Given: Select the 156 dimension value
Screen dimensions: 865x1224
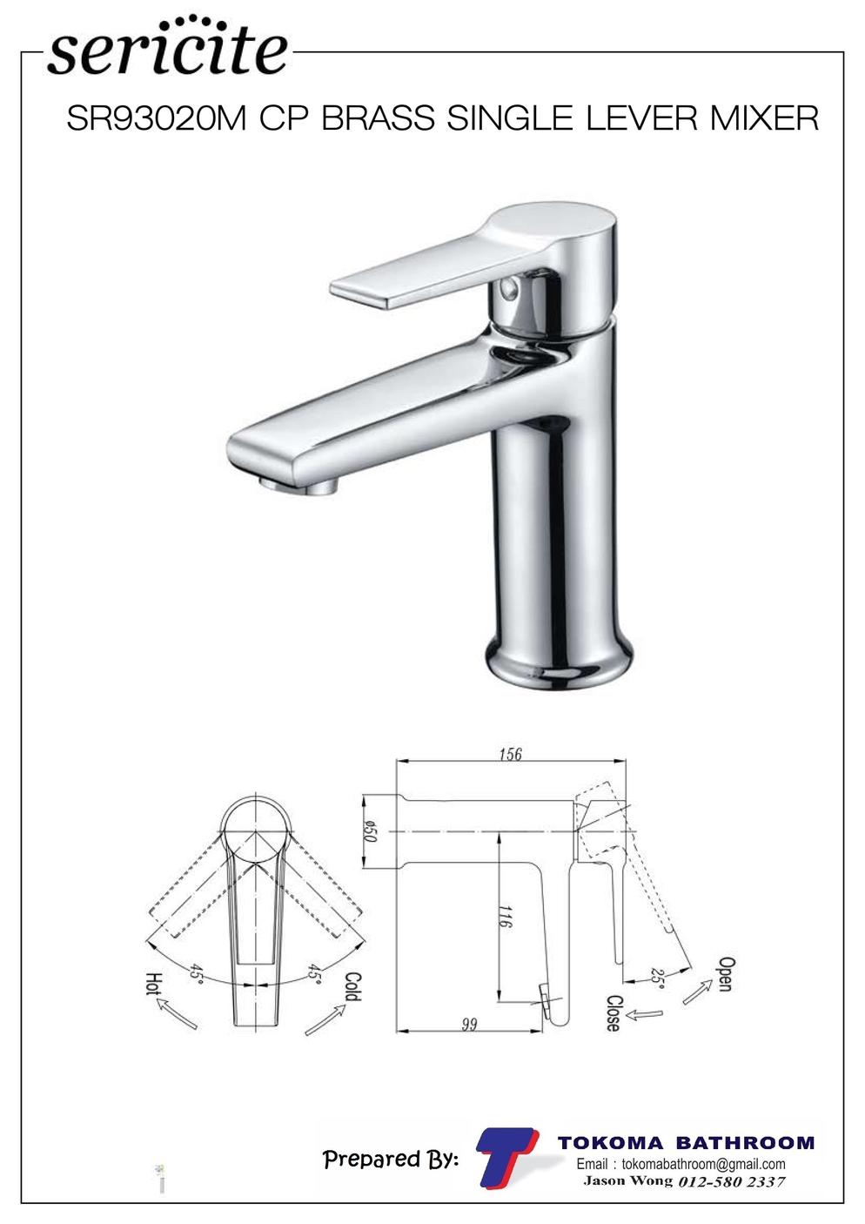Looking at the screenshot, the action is pyautogui.click(x=511, y=755).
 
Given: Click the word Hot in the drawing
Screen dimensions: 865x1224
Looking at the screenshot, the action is pyautogui.click(x=155, y=984).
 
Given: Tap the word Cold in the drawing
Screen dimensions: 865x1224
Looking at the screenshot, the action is pyautogui.click(x=353, y=987).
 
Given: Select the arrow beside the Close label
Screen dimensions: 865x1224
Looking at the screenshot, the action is pyautogui.click(x=646, y=1015).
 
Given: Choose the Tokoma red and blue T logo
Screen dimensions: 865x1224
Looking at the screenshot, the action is pyautogui.click(x=506, y=1157).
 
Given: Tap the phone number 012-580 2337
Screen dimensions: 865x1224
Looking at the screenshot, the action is pyautogui.click(x=731, y=1182).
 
